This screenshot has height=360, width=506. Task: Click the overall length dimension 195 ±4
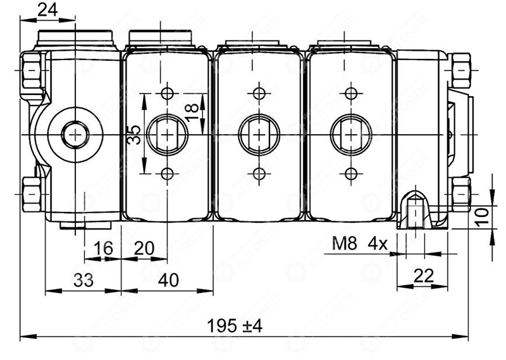coord(235,326)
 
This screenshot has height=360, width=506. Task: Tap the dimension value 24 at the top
coord(47,9)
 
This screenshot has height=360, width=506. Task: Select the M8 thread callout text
coord(345,244)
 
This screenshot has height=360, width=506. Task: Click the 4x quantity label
coord(378,244)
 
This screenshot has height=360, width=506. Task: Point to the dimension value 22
coord(424,276)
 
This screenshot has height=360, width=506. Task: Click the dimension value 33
coord(83,280)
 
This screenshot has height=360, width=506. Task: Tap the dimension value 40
coord(168,280)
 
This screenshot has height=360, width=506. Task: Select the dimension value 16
coord(103,248)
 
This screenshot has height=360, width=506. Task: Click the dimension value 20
coord(144,248)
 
